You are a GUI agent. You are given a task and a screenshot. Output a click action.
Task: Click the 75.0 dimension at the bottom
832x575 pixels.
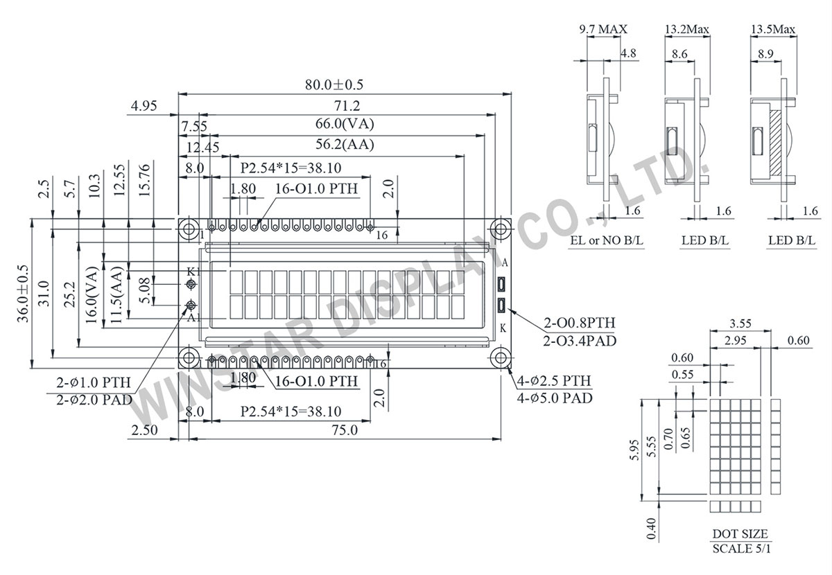pos(344,430)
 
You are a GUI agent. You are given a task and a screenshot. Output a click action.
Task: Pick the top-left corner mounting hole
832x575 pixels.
pos(187,229)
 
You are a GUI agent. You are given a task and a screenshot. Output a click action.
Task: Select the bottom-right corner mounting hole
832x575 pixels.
pos(501,357)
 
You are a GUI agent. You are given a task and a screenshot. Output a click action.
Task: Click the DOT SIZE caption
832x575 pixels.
pos(740,534)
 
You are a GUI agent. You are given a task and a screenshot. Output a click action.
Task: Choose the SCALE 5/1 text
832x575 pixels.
pos(740,549)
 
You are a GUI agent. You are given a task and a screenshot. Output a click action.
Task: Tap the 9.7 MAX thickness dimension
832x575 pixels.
pos(603,29)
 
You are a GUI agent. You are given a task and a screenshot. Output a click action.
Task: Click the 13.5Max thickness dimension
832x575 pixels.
pos(773,29)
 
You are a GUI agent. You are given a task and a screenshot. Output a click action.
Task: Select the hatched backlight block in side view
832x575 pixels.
pos(775,143)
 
